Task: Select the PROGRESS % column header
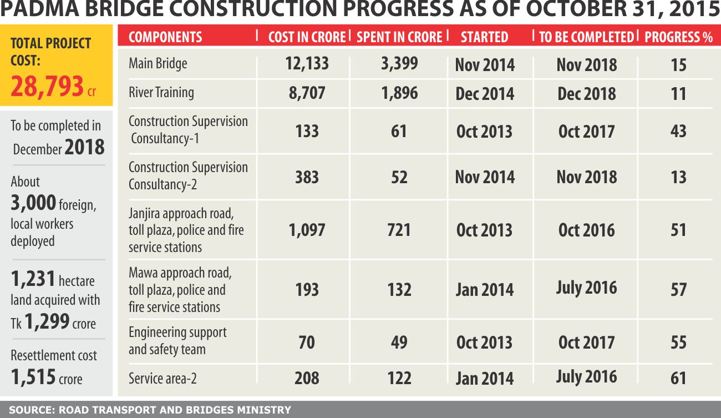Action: coord(678,37)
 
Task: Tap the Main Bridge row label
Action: coord(158,63)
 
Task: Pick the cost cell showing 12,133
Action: coord(307,63)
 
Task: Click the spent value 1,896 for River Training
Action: coord(399,93)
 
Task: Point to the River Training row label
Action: coord(161,92)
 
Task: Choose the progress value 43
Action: coord(678,132)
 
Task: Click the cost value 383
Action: coord(307,177)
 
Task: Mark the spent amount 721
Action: coord(399,230)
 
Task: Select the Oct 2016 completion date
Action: coord(586,230)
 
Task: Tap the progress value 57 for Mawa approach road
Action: coord(678,290)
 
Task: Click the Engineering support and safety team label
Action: coord(177,341)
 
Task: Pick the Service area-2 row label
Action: coord(163,379)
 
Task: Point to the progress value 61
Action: coord(678,379)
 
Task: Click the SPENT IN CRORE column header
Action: coord(399,37)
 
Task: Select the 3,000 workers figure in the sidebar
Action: coord(33,203)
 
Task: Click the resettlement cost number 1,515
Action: coord(33,377)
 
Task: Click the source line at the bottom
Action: coord(150,410)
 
